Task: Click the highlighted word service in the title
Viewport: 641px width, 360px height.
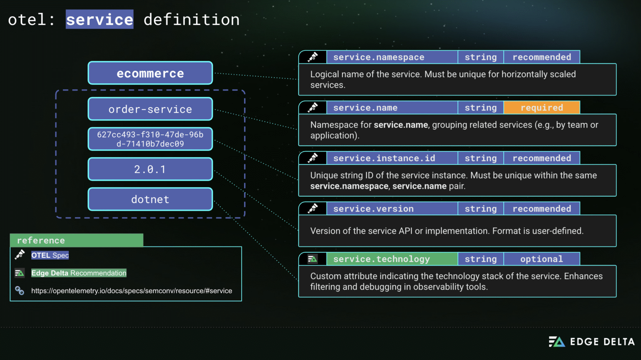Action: tap(99, 20)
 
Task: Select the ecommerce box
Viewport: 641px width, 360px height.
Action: tap(150, 73)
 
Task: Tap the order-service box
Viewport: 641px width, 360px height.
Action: tap(150, 109)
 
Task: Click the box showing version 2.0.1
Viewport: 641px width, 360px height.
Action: tap(150, 169)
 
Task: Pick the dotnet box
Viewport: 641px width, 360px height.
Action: tap(150, 199)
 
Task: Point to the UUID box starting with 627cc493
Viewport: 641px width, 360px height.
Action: tap(150, 139)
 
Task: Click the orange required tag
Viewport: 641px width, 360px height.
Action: tap(542, 108)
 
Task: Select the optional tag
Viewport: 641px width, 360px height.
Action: tap(542, 259)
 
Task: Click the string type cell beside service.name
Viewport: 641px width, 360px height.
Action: tap(481, 108)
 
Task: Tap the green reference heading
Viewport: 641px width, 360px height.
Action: tap(76, 240)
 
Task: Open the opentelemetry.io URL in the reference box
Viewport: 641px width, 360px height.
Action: tap(131, 291)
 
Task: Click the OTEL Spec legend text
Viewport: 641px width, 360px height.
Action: tap(50, 255)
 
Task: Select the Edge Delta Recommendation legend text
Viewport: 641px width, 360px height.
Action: tap(79, 273)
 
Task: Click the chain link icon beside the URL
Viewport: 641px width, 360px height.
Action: tap(20, 290)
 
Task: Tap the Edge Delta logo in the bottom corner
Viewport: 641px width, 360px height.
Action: tap(591, 342)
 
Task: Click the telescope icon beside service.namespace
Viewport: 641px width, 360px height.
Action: tap(313, 57)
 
